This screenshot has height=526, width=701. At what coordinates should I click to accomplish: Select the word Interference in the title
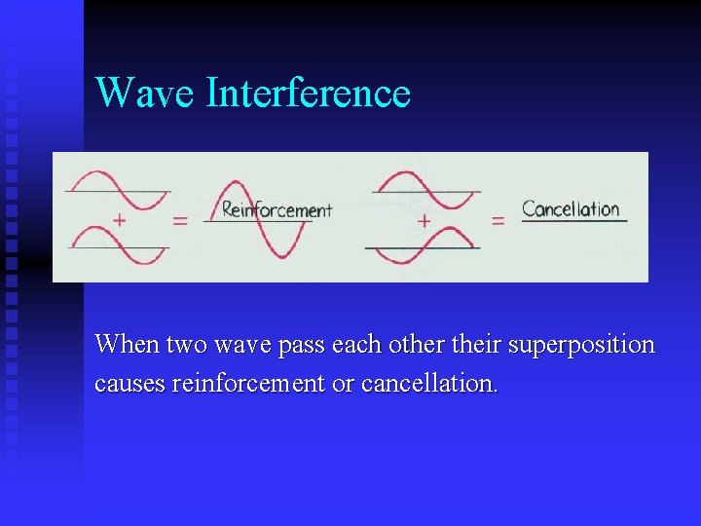coord(308,93)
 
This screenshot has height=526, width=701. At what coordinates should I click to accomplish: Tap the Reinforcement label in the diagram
coord(277,209)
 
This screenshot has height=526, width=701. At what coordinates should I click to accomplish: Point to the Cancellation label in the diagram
coord(571,208)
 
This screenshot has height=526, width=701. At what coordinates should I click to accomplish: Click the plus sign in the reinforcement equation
coord(119,221)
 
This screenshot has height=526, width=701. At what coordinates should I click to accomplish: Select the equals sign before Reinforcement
coord(180,221)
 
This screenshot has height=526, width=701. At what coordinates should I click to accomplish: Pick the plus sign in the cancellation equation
coord(424,221)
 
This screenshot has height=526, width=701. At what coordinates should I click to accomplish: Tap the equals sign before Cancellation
coord(498,221)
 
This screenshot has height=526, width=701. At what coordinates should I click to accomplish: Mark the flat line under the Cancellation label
coord(573,222)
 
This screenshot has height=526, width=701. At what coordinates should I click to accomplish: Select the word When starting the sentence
coord(128,345)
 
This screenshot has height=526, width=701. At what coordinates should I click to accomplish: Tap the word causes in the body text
coord(129,384)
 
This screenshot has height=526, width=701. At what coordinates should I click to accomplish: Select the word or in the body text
coord(343,384)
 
